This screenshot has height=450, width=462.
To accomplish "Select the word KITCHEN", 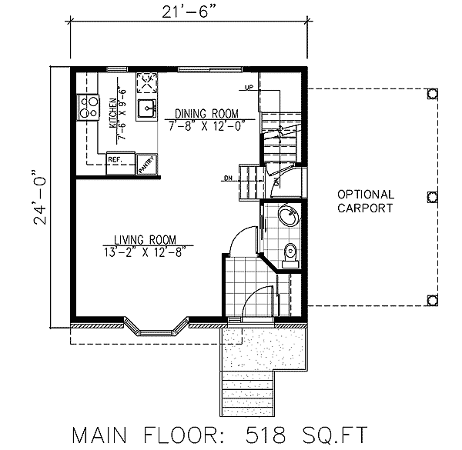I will click(x=112, y=113).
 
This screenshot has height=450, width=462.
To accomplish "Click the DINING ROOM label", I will click(x=206, y=112).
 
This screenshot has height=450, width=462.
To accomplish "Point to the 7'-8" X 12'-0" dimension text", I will click(x=206, y=122).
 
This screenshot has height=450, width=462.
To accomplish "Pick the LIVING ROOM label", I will click(x=146, y=238).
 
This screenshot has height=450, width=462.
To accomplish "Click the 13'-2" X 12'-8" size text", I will click(x=146, y=249).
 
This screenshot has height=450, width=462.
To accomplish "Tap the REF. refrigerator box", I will click(x=116, y=159).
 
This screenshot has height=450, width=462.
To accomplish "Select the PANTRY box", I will click(x=146, y=164).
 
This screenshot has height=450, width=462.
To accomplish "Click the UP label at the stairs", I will click(x=249, y=87).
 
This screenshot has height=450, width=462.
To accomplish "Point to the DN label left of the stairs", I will click(x=229, y=178).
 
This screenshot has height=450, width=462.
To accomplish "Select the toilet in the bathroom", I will click(x=290, y=252).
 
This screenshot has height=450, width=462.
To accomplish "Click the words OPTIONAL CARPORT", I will click(x=365, y=202).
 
